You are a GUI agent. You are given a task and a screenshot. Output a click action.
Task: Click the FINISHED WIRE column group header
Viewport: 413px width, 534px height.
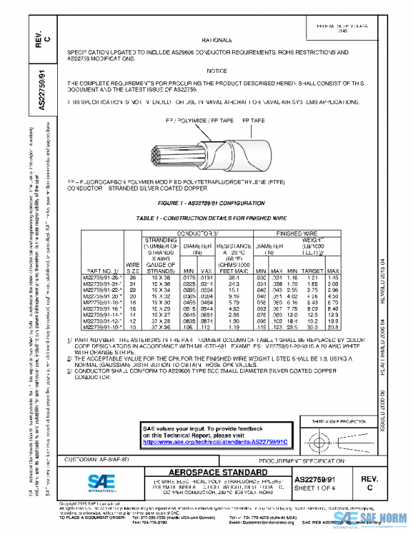coord(297,233)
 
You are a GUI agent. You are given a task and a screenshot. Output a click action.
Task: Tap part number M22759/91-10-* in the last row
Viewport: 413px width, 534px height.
coord(102,327)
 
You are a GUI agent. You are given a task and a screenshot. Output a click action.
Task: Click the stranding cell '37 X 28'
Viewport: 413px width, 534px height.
coord(160,321)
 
